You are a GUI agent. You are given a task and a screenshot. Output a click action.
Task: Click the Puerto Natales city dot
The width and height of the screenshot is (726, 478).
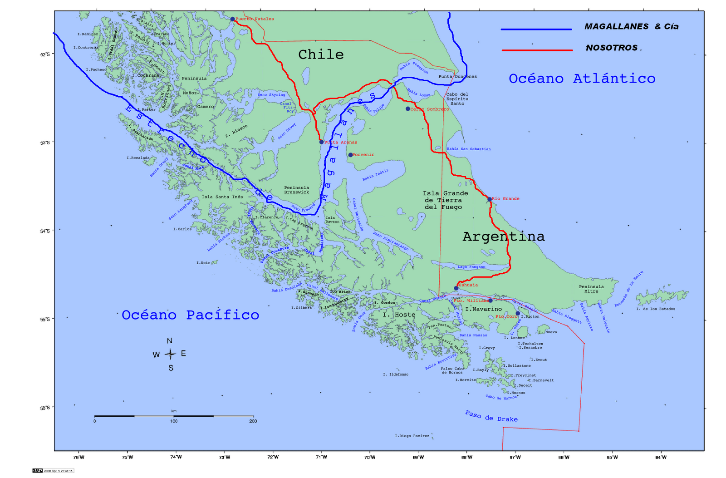[x=232, y=19]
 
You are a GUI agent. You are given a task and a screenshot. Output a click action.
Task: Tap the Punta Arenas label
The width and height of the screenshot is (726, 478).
[x=341, y=143]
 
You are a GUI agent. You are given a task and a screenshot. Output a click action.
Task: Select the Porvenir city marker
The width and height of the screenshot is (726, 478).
[x=350, y=155]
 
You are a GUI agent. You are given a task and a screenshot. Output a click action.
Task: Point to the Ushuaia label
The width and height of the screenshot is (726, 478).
[x=468, y=285]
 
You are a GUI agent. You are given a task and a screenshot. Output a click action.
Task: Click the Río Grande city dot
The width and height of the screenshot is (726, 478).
[x=490, y=199]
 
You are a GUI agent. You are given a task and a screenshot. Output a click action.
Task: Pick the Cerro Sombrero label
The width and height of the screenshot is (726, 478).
[x=430, y=109]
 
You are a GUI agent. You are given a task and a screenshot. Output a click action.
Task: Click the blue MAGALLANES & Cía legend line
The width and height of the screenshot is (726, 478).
[x=536, y=30]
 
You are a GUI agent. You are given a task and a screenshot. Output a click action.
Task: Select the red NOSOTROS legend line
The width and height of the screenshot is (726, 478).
[x=537, y=50]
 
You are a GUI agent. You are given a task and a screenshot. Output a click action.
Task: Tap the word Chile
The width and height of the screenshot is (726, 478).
[x=321, y=54]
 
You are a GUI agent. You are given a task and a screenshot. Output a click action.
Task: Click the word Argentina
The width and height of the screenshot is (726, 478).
[x=503, y=237]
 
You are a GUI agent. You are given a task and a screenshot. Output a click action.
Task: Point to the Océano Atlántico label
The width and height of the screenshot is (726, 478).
[x=582, y=79]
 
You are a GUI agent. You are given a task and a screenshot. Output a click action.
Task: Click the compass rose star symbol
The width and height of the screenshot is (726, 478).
[x=170, y=354]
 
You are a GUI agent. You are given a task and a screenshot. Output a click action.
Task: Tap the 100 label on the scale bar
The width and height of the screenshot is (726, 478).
[x=174, y=421]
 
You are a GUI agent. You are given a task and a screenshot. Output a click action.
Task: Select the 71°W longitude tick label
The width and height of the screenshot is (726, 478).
[x=321, y=457]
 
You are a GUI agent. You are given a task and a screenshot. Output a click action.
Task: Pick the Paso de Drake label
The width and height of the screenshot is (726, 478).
[x=491, y=416]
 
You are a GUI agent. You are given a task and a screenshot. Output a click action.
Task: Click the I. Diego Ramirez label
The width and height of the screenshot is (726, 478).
[x=412, y=436]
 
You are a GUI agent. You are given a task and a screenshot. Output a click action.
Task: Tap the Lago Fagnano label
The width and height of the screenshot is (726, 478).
[x=471, y=267]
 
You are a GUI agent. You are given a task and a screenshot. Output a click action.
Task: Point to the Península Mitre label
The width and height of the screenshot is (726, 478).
[x=591, y=289]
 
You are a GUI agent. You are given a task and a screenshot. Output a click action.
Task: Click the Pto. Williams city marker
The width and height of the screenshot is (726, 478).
[x=491, y=301]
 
